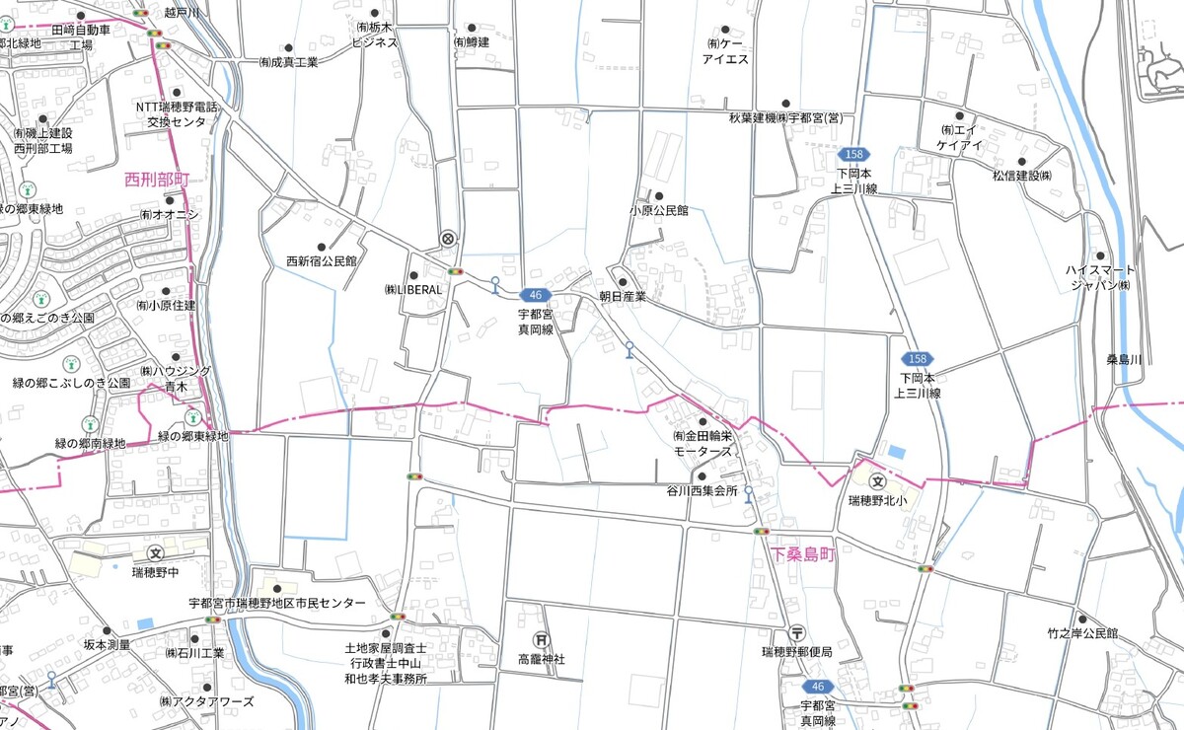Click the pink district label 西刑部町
pos(156,180)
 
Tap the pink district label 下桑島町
pos(803,555)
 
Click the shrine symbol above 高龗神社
pos(541,639)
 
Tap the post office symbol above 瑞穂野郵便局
pos(797,633)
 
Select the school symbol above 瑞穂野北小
pos(876,480)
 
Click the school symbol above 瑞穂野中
pos(155,553)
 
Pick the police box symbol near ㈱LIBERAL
pos(448,238)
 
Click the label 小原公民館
pos(658,211)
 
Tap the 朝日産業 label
pos(622,296)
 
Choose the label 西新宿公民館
pos(321,261)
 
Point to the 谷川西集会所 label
pos(702,491)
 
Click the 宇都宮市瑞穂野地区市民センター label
pos(276,603)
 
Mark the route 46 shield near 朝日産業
pos(535,295)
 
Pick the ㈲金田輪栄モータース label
pos(703,442)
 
